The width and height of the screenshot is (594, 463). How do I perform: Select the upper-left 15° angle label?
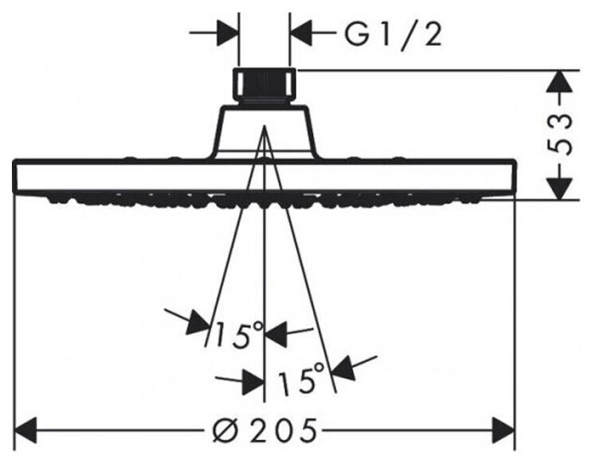click(x=234, y=334)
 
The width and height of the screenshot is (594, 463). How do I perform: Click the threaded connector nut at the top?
click(x=264, y=87)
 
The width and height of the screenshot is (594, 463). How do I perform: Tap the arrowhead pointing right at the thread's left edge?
click(x=227, y=34)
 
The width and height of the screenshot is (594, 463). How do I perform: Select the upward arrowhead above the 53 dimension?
click(x=561, y=82)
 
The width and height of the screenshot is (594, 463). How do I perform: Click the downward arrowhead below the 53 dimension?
click(x=561, y=187)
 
